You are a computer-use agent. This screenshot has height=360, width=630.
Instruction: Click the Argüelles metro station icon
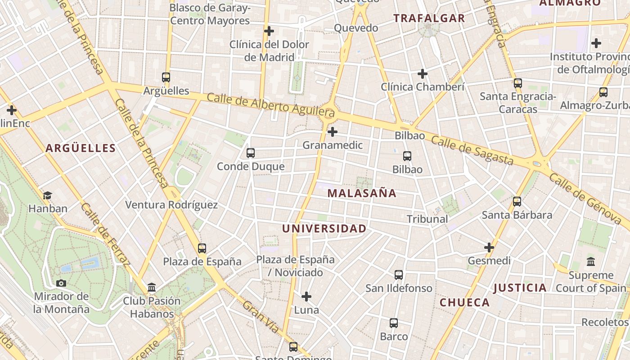[x=166, y=77]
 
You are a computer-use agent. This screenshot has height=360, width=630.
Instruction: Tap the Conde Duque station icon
[x=251, y=153]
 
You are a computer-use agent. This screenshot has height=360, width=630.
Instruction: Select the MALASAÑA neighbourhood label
[x=362, y=193]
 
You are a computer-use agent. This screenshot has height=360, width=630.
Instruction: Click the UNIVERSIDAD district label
[x=324, y=229]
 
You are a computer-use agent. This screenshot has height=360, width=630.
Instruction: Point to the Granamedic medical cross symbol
[x=333, y=132]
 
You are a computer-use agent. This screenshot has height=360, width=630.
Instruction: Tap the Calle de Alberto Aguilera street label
[x=270, y=104]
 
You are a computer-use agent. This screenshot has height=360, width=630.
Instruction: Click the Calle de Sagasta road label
[x=472, y=150]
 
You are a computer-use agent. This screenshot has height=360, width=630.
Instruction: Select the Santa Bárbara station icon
[x=517, y=202]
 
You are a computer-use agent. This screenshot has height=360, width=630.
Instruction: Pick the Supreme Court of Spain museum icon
[x=591, y=261]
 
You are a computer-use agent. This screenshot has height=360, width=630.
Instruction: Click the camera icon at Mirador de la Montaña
[x=61, y=283]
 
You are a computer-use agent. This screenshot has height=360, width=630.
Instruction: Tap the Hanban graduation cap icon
[x=47, y=195]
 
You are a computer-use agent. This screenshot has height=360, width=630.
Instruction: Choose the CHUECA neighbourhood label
[x=465, y=302]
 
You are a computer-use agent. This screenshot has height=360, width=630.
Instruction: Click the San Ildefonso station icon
[x=399, y=274]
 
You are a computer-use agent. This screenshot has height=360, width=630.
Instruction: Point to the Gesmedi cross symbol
[x=489, y=247]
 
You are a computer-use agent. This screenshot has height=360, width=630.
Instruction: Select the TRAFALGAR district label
[x=429, y=18]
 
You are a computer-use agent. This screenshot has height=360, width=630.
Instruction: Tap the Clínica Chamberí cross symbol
[x=422, y=73]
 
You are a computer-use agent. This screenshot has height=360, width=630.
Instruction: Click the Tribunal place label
[x=427, y=219]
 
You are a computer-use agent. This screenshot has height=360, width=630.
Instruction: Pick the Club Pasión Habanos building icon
[x=152, y=287]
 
